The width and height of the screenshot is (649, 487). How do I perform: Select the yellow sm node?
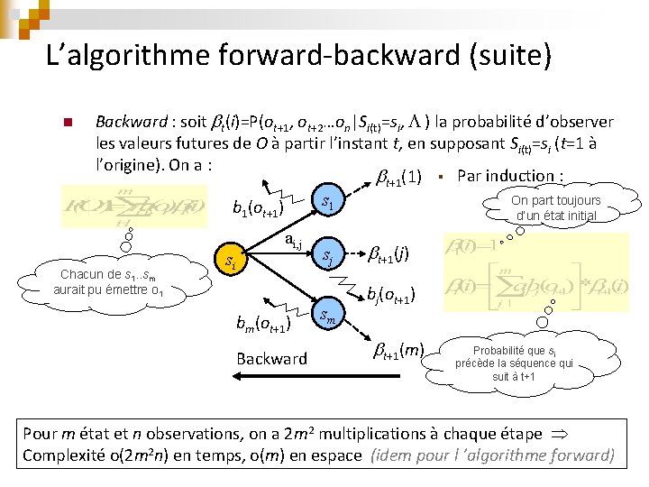(x=331, y=316)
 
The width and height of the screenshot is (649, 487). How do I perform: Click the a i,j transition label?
(x=293, y=240)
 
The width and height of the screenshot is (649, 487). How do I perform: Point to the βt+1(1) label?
(x=398, y=175)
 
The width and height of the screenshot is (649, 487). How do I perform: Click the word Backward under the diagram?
(x=271, y=358)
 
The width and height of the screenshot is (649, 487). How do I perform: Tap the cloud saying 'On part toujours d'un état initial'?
(x=555, y=207)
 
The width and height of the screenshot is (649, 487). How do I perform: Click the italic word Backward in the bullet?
(x=131, y=121)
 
